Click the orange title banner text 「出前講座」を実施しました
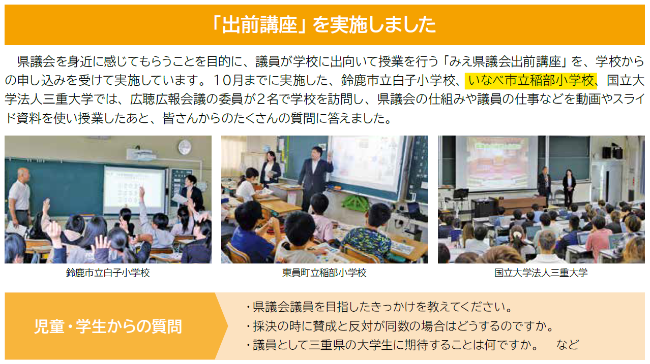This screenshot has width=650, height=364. [324, 25]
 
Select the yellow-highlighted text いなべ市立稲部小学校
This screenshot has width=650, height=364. [531, 81]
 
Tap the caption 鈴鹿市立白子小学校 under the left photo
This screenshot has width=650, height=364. [108, 273]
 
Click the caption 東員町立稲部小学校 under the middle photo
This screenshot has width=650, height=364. [324, 273]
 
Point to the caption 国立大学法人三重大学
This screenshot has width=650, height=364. [541, 273]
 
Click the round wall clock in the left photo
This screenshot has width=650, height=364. [185, 147]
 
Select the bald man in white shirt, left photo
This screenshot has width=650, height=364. [20, 197]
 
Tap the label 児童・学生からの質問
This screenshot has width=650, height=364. [108, 326]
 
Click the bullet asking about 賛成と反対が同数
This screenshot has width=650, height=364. [400, 326]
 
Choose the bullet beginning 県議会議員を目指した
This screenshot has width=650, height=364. [379, 307]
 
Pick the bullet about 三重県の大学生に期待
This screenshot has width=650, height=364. [392, 345]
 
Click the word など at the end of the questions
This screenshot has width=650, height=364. [568, 345]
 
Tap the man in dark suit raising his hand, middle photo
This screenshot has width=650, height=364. [315, 177]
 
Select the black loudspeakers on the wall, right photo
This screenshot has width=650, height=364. [612, 152]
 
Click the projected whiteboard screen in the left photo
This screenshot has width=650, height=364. [135, 190]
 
